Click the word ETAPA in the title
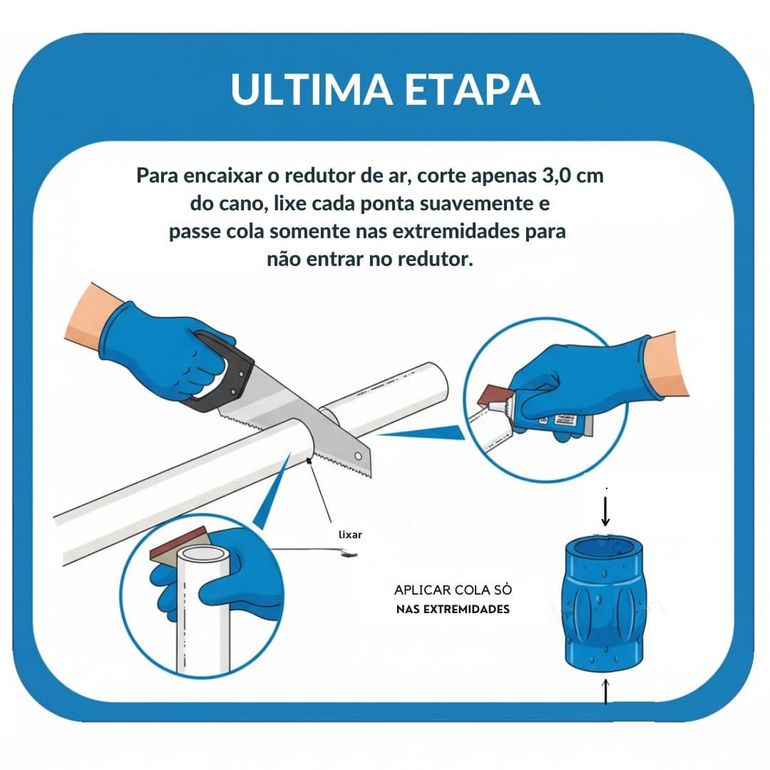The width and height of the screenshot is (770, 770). tap(474, 89)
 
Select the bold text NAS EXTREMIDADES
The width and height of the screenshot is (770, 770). tap(453, 610)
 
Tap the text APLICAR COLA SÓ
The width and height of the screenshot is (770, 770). tap(453, 590)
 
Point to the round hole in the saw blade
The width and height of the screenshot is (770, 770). tap(356, 457)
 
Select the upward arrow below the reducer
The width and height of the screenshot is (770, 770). tap(605, 692)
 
